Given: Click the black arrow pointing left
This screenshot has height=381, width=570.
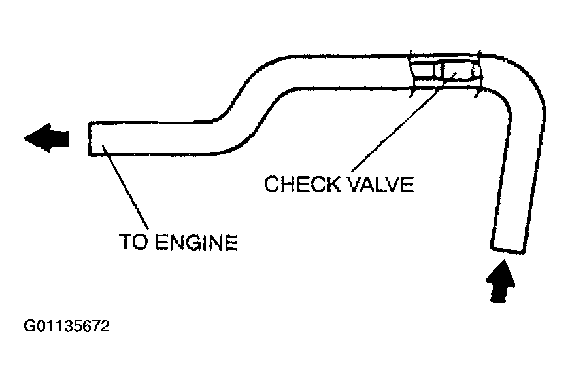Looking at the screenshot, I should pyautogui.click(x=47, y=137).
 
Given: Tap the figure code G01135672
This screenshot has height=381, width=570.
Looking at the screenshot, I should pyautogui.click(x=67, y=325).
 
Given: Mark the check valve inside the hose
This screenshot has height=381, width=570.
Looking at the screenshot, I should pyautogui.click(x=456, y=70).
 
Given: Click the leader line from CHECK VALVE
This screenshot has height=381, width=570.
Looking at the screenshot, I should pyautogui.click(x=392, y=124).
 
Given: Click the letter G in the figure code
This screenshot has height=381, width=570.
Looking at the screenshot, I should pyautogui.click(x=29, y=325).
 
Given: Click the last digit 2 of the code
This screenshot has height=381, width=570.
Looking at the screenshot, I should pyautogui.click(x=105, y=325).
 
